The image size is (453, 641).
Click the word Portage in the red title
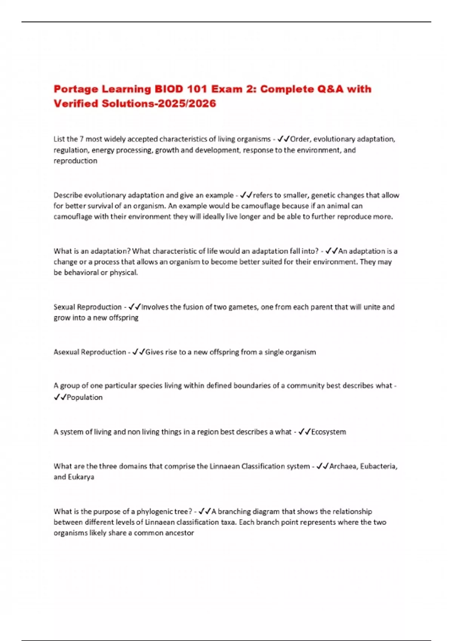click(x=75, y=89)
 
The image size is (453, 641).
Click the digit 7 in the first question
click(x=81, y=139)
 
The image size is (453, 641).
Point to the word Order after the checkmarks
click(x=300, y=139)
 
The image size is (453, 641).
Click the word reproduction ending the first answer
click(x=75, y=161)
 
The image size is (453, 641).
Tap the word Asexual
click(x=66, y=352)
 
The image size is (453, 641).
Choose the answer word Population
click(x=85, y=397)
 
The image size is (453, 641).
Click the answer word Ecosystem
click(x=328, y=432)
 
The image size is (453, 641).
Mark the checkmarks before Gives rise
click(x=139, y=352)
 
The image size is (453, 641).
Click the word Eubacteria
click(x=378, y=466)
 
